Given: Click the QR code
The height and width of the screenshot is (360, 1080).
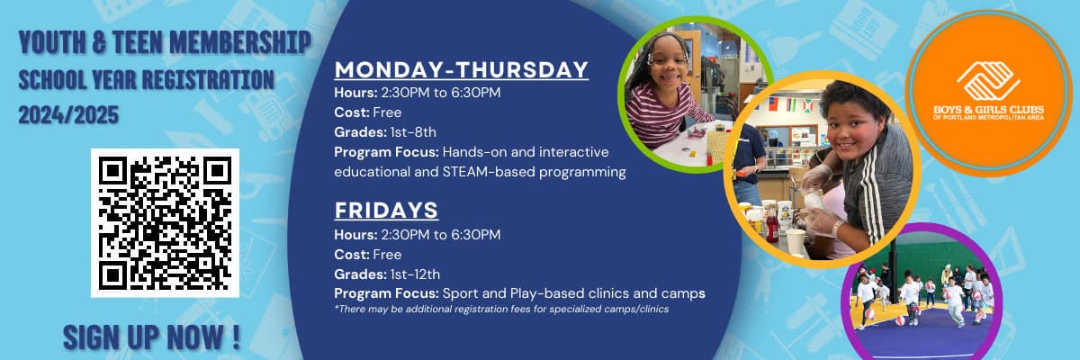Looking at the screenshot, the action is point(165,222).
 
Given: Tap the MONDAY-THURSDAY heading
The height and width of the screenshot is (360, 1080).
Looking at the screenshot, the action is point(462,69).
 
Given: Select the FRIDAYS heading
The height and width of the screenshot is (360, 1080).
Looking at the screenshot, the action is point(386,210).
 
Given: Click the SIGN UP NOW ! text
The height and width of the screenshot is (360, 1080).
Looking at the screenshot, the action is point(151,337).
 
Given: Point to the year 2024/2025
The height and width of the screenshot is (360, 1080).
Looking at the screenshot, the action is point(68,115).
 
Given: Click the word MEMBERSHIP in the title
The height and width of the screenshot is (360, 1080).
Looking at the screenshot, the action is point(240,42).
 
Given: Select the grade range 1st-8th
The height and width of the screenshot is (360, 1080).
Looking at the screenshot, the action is point(413,132).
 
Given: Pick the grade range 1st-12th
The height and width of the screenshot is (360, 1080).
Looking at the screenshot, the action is point(415,274).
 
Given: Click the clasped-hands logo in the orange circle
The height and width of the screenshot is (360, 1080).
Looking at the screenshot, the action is point(988,81).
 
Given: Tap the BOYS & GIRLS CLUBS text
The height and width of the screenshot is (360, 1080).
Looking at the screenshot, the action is point(988,110).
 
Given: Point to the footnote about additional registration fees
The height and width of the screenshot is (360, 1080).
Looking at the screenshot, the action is point(501,309).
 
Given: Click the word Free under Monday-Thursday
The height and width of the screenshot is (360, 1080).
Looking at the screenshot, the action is point(387,112).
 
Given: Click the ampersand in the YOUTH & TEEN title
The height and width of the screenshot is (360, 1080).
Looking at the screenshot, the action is point(99,42).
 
